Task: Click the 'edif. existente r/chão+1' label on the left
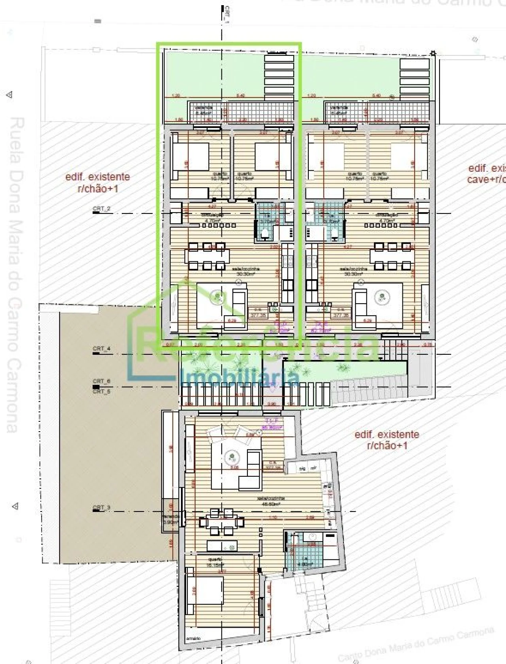97,182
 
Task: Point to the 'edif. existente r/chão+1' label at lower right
387,440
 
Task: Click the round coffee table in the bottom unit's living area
231,459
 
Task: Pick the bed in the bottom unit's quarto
204,592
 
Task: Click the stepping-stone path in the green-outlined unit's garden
279,77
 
